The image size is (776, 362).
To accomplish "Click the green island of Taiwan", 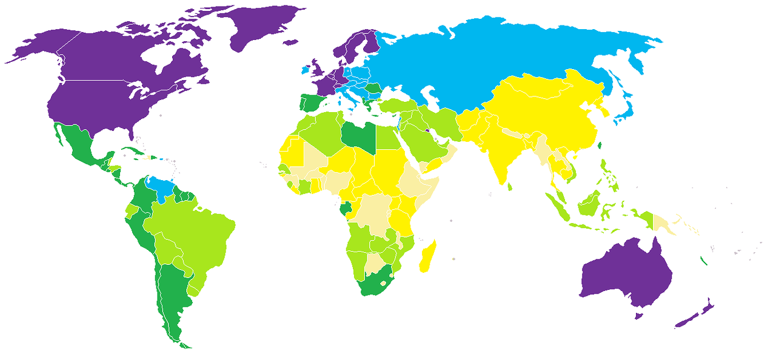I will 601,146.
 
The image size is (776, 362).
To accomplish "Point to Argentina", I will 173,291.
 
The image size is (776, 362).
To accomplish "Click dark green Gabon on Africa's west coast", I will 346,210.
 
